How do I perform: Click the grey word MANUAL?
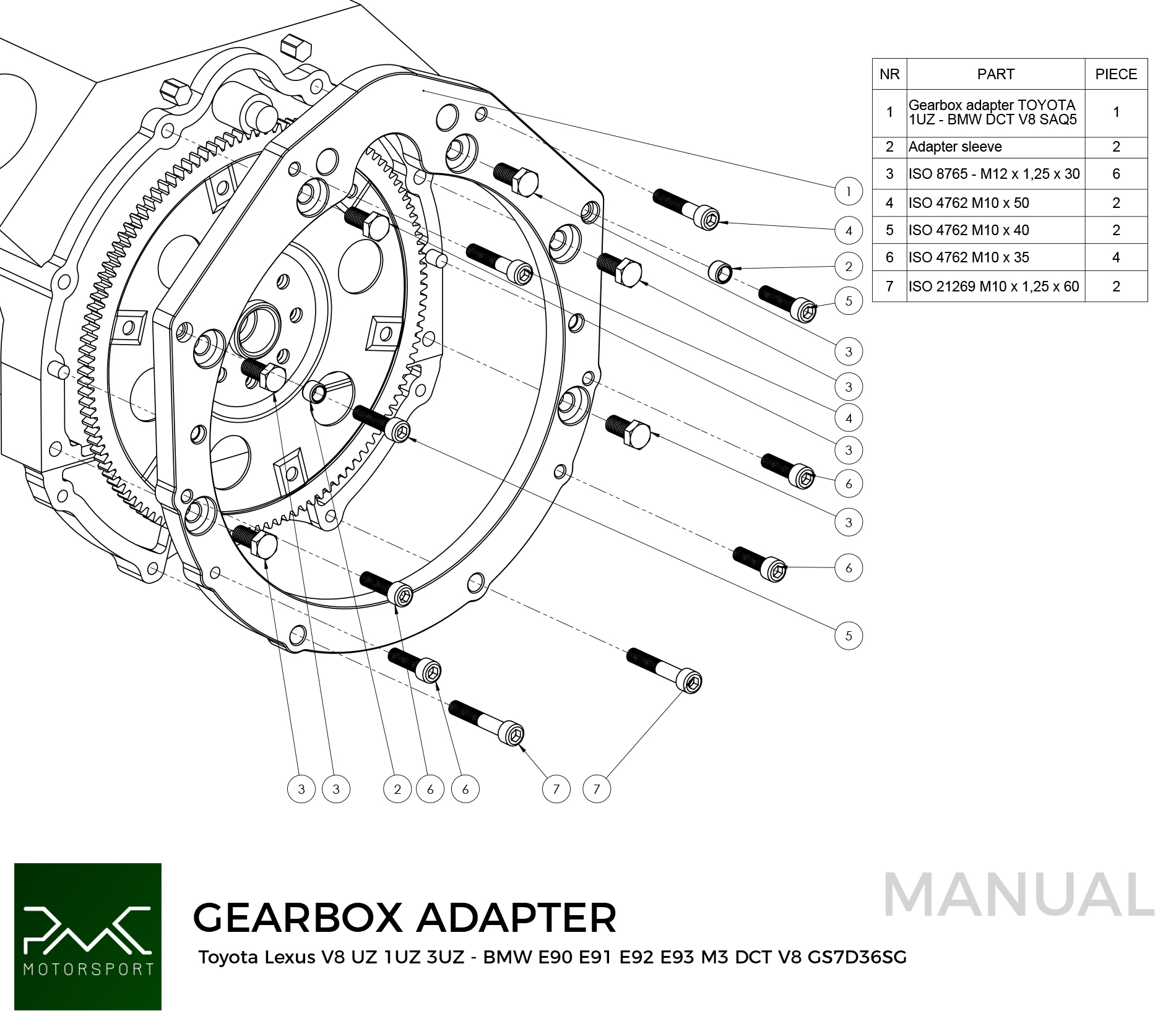click(1018, 895)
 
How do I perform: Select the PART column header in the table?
click(995, 74)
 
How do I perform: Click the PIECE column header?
click(1115, 74)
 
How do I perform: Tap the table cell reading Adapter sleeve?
click(955, 147)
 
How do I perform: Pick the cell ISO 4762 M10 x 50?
click(969, 203)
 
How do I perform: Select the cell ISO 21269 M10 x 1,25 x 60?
click(993, 286)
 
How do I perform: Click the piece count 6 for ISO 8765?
click(1115, 174)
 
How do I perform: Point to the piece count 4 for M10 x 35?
click(1115, 257)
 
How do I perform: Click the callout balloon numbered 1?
click(848, 191)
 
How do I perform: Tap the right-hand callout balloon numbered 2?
click(848, 267)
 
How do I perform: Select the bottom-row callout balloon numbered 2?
click(397, 789)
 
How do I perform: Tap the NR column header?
click(889, 74)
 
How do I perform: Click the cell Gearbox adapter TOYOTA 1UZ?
click(992, 113)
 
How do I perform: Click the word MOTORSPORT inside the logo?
click(88, 968)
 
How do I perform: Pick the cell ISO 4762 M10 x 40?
click(969, 230)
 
